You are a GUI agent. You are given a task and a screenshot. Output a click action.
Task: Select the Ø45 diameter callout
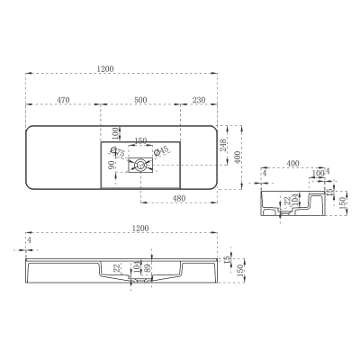(163, 153)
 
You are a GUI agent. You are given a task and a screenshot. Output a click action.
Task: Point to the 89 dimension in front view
(148, 267)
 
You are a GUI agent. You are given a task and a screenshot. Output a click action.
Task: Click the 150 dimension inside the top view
(140, 139)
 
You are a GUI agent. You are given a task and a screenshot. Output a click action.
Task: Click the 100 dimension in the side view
(318, 172)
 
